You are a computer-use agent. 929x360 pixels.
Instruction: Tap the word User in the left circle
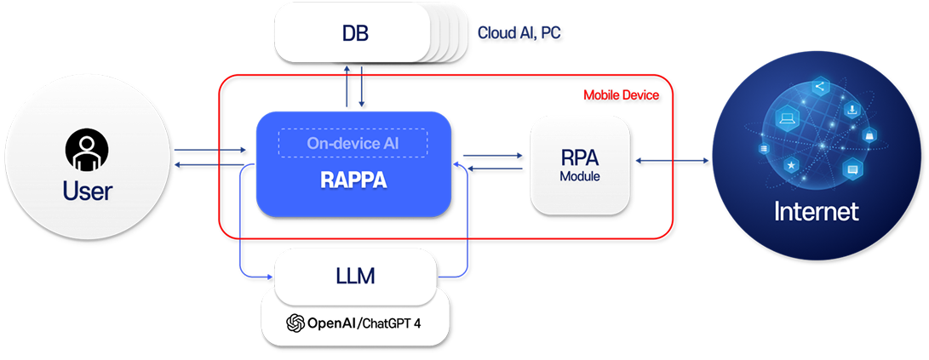click(x=87, y=191)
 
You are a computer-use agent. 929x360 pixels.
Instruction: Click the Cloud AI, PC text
click(x=519, y=33)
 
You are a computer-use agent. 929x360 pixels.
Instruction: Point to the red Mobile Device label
click(x=621, y=95)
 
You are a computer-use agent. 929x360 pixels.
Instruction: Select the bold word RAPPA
click(x=353, y=180)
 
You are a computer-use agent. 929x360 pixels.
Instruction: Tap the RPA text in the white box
click(x=580, y=157)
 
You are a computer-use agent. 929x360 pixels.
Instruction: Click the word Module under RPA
click(x=580, y=177)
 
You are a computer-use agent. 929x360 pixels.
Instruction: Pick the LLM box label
click(x=355, y=276)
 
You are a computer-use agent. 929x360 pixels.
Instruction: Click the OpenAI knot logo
click(x=295, y=323)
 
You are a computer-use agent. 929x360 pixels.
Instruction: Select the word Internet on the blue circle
click(x=816, y=210)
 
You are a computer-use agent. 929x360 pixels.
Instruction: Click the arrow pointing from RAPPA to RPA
click(x=492, y=156)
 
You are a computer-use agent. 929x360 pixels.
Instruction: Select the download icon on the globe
click(x=852, y=110)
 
